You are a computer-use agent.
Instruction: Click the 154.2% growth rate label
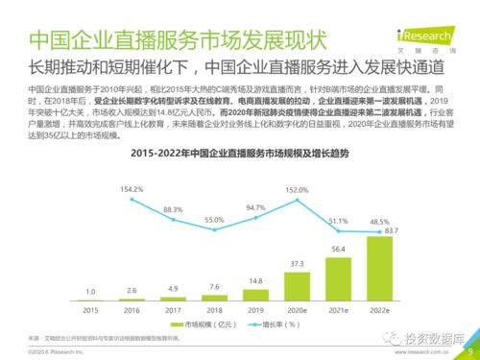pyautogui.click(x=132, y=189)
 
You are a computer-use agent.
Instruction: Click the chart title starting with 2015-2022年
pyautogui.click(x=240, y=154)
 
